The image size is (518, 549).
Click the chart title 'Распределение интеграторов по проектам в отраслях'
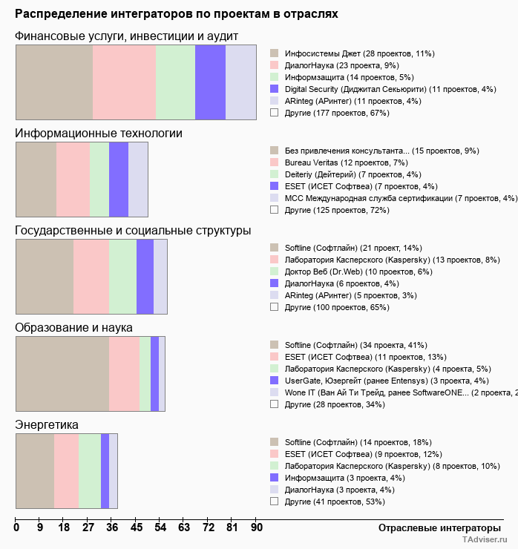point(177,13)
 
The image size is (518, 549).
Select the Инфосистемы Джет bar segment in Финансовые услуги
point(54,82)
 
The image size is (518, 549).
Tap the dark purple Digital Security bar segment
point(210,82)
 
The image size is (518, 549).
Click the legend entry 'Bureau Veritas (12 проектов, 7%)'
point(346,162)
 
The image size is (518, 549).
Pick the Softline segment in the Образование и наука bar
point(62,373)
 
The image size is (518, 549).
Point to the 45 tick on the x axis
point(137,527)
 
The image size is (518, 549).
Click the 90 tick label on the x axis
point(256,527)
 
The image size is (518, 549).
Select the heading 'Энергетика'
point(47,424)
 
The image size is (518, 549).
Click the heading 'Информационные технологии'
point(99,133)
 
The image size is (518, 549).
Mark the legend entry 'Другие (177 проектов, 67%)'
point(337,113)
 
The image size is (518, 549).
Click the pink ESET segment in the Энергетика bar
point(66,471)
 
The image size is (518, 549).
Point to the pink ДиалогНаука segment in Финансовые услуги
point(124,82)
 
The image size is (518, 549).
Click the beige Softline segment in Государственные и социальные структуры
point(45,276)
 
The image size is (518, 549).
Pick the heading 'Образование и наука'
point(73,327)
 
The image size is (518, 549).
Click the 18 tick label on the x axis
point(64,527)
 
